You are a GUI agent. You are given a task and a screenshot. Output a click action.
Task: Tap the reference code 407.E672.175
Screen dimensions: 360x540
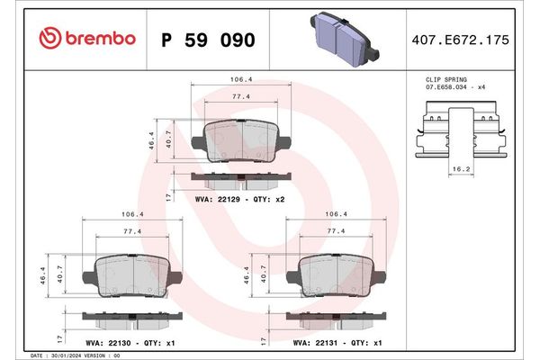coord(459,40)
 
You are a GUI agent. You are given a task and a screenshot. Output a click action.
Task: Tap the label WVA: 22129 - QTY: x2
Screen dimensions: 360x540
coord(239,197)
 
